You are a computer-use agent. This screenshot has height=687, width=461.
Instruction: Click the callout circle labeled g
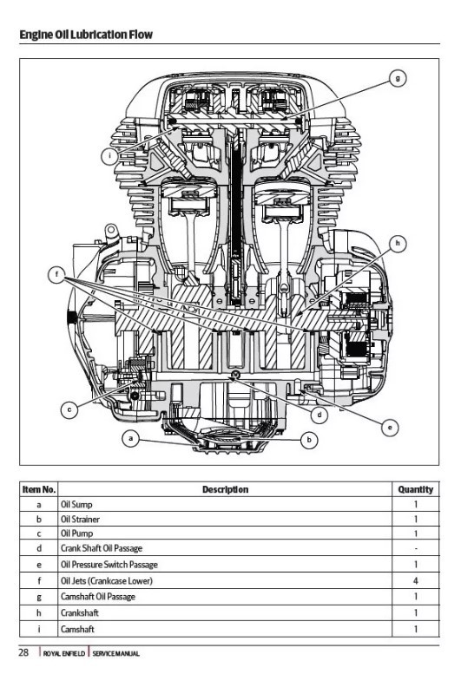[x=397, y=78]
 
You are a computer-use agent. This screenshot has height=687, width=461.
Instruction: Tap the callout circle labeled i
[x=109, y=156]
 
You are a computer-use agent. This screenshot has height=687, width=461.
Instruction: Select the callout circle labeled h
[x=398, y=244]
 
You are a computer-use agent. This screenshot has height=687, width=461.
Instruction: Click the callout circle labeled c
[x=66, y=409]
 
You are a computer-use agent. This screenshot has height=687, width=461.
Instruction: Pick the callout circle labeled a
[x=130, y=440]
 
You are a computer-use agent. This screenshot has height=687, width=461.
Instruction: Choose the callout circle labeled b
[x=309, y=441]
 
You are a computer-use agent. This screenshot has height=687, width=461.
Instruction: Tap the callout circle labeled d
[x=319, y=415]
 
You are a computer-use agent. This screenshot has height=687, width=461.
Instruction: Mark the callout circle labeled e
[x=390, y=427]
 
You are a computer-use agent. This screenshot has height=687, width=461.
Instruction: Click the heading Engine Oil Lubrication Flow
[x=85, y=35]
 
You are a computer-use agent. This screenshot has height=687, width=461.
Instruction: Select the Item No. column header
[x=39, y=489]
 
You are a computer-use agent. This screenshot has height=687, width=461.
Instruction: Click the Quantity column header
[x=415, y=489]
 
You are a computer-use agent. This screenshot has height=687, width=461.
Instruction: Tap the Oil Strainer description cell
[x=76, y=519]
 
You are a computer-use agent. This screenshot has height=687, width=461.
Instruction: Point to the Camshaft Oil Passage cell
[x=98, y=597]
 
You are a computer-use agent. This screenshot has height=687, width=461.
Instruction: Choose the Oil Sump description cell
[x=73, y=503]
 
